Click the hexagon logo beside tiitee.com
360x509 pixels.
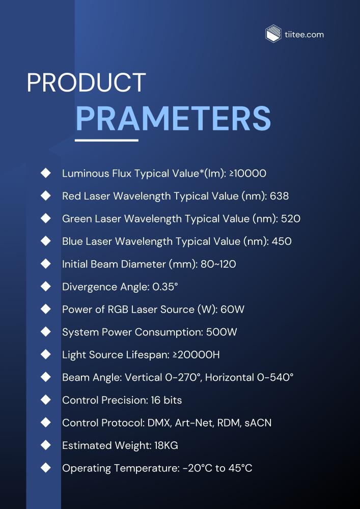pyautogui.click(x=273, y=34)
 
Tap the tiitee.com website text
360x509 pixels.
pyautogui.click(x=304, y=35)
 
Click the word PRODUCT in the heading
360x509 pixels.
pyautogui.click(x=86, y=83)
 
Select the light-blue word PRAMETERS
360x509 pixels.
pyautogui.click(x=173, y=118)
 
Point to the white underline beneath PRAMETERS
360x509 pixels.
pyautogui.click(x=106, y=140)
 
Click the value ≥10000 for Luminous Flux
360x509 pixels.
pyautogui.click(x=247, y=174)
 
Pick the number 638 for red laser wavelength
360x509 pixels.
pyautogui.click(x=279, y=196)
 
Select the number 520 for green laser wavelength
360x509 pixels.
pyautogui.click(x=291, y=219)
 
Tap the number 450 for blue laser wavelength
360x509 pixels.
pyautogui.click(x=282, y=241)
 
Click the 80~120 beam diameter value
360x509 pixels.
pyautogui.click(x=218, y=264)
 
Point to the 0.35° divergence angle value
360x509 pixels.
pyautogui.click(x=165, y=287)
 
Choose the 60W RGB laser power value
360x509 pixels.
pyautogui.click(x=232, y=309)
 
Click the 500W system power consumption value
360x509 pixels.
pyautogui.click(x=221, y=332)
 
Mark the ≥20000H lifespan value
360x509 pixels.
pyautogui.click(x=195, y=355)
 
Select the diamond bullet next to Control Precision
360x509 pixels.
pyautogui.click(x=46, y=400)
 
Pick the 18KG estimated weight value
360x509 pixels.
pyautogui.click(x=166, y=445)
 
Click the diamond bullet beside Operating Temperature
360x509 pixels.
pyautogui.click(x=46, y=468)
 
